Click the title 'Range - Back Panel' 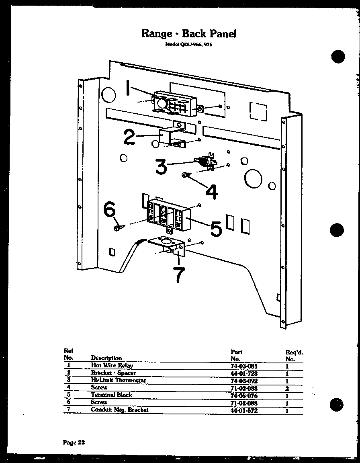pyautogui.click(x=189, y=33)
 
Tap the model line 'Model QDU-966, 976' pyautogui.click(x=189, y=45)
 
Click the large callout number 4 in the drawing pyautogui.click(x=211, y=192)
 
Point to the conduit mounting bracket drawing pyautogui.click(x=168, y=246)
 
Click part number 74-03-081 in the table pyautogui.click(x=243, y=366)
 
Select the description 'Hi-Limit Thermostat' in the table pyautogui.click(x=118, y=380)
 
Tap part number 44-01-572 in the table pyautogui.click(x=243, y=410)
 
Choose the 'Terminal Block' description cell pyautogui.click(x=111, y=395)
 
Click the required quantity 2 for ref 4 pyautogui.click(x=287, y=388)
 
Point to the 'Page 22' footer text pyautogui.click(x=74, y=443)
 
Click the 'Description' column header pyautogui.click(x=106, y=358)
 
